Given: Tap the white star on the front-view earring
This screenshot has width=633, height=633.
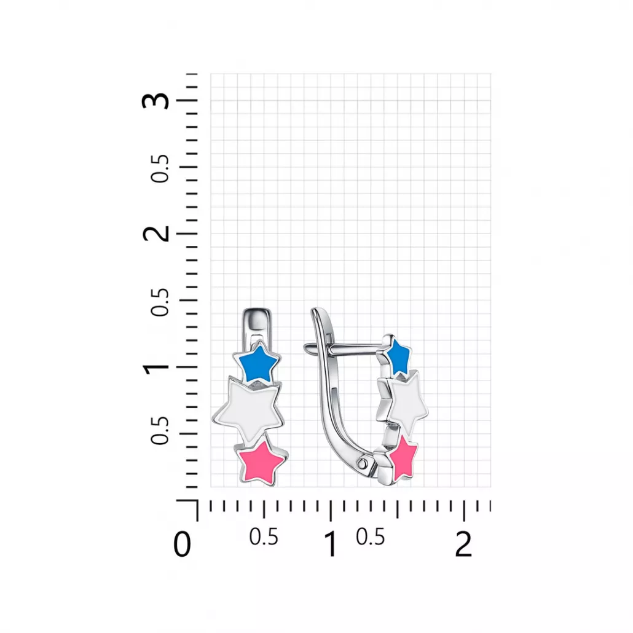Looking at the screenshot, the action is point(249,410).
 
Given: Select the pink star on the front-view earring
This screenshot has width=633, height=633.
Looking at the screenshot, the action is point(262,462).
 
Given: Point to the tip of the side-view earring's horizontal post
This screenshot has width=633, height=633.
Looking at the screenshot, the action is point(306,346).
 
